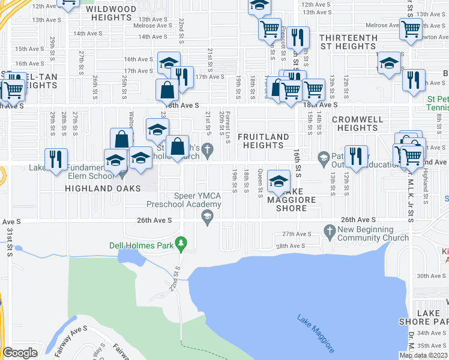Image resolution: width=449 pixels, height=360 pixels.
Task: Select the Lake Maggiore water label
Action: click(316, 333)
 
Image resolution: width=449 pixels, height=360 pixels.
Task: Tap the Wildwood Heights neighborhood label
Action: click(110, 13)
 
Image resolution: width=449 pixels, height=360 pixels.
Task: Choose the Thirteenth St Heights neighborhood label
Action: click(348, 42)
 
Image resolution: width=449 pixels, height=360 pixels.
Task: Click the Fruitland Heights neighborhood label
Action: click(264, 141)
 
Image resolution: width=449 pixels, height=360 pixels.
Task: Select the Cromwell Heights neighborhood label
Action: click(357, 124)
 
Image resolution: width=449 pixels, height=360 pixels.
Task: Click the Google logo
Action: click(20, 353)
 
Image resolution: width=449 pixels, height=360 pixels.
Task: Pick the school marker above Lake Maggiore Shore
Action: click(279, 181)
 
